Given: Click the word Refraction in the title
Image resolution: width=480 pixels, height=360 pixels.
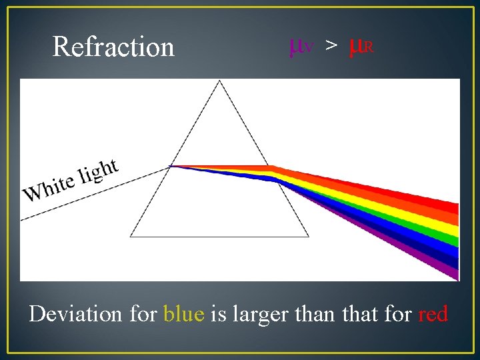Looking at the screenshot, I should point(113,47).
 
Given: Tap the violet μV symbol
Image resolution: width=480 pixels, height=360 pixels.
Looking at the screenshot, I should point(301,47).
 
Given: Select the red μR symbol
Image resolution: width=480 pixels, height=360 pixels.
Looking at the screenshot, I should point(361,47).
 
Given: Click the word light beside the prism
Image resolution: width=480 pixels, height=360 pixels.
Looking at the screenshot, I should point(98,170).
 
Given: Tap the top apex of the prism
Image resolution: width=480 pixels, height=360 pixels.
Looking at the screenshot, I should point(220,81).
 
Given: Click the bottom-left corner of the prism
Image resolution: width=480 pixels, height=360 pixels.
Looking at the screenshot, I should point(131,236).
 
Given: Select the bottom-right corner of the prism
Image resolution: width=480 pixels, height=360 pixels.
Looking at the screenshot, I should point(309,236).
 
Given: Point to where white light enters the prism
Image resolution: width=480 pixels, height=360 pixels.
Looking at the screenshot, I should point(171,166).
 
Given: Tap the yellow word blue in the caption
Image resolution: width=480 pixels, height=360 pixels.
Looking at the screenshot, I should point(183,313).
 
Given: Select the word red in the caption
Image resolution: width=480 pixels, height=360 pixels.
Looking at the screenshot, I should point(433,313).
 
